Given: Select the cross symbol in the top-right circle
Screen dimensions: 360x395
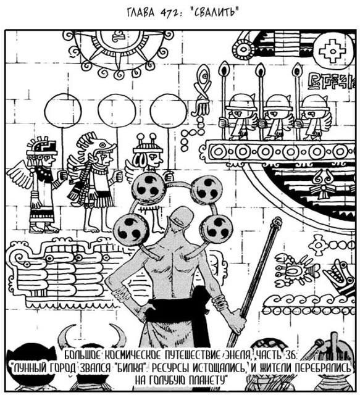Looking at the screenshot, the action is pos(332,51).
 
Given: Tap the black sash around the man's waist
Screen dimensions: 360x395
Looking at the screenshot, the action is pos(181,310).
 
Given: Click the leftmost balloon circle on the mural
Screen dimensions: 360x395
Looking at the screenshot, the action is pos(63,112).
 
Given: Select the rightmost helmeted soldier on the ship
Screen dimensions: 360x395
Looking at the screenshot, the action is pos(314,117).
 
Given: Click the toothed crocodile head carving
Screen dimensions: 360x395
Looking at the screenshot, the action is pos(340,275).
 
